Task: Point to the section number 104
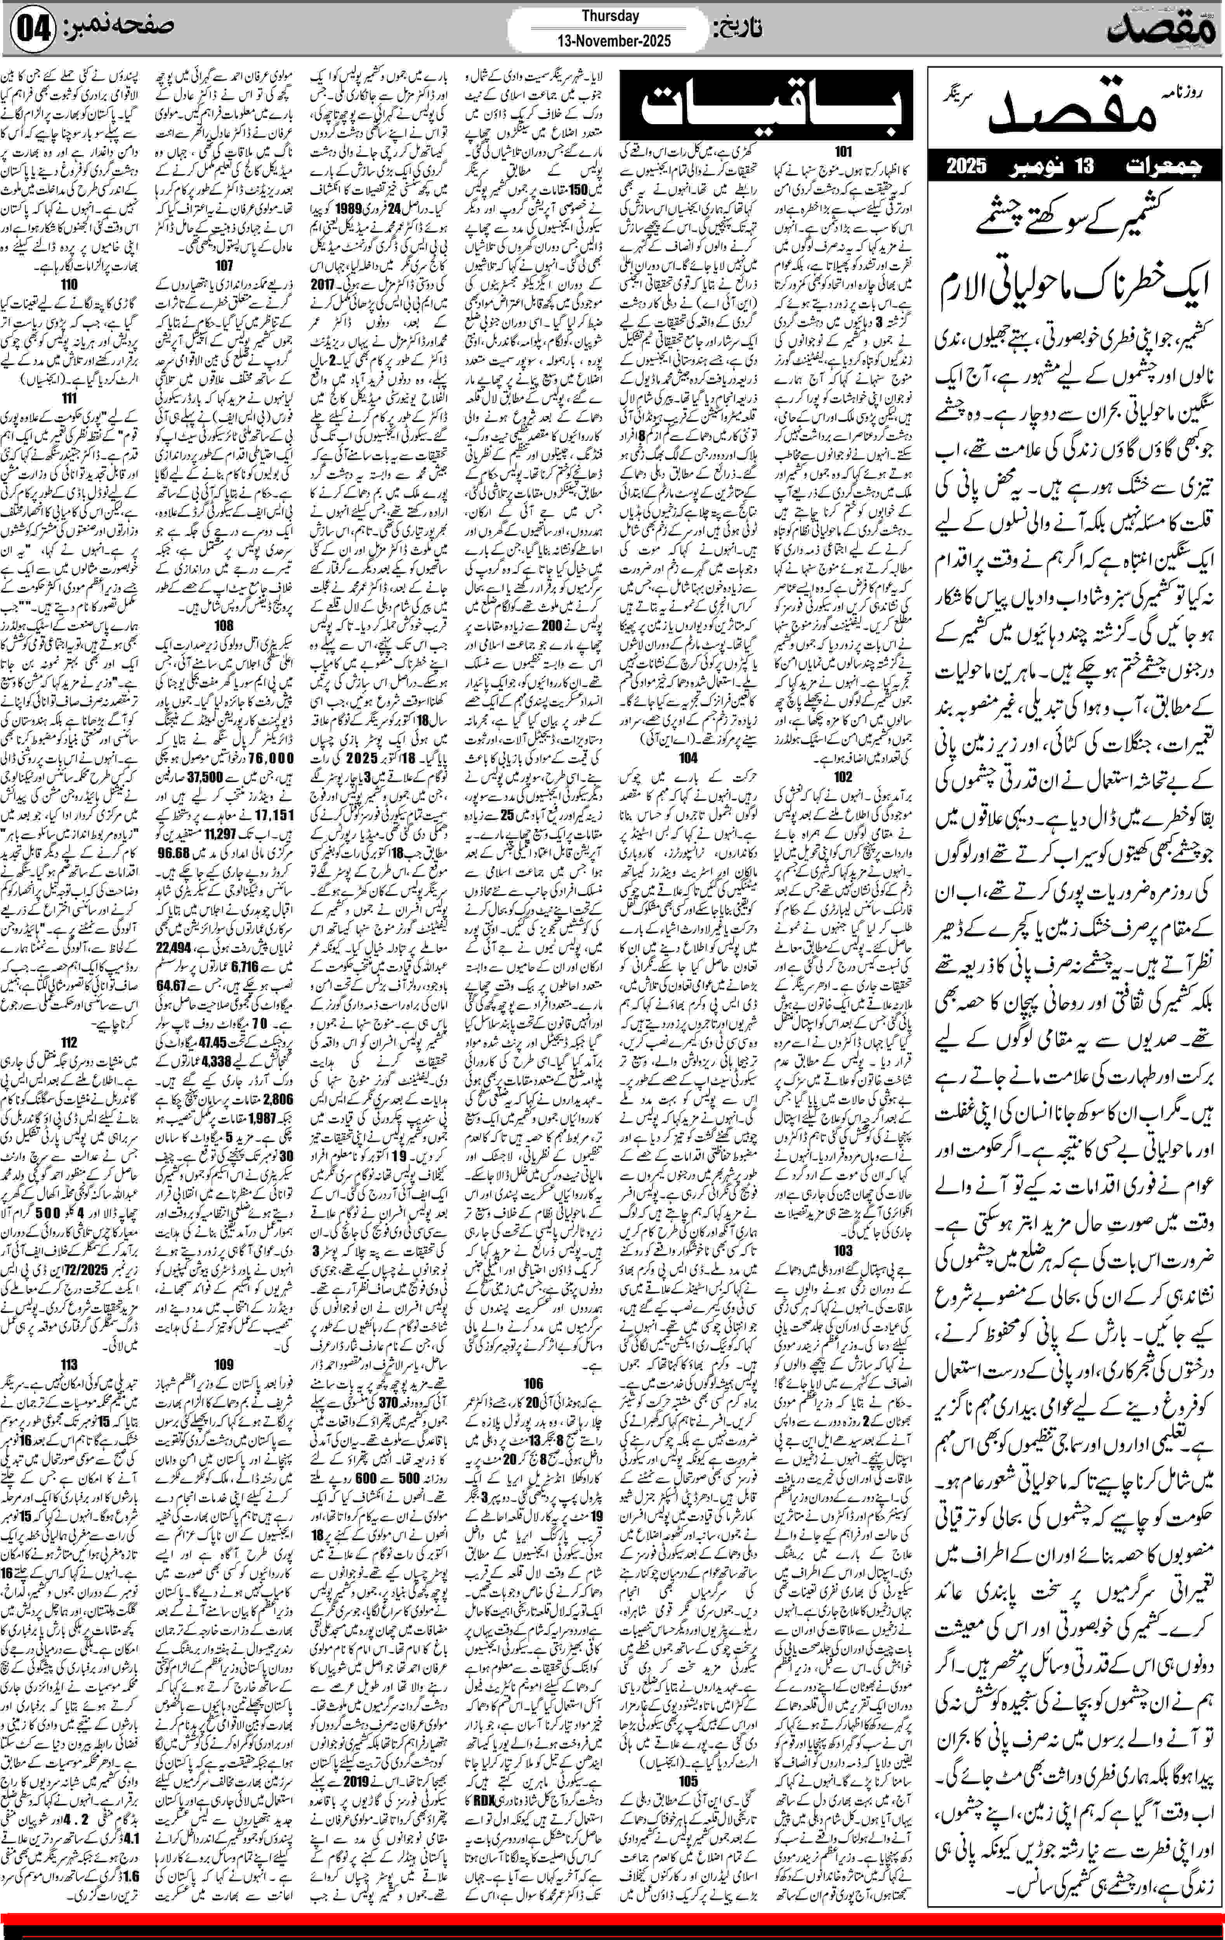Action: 688,758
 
